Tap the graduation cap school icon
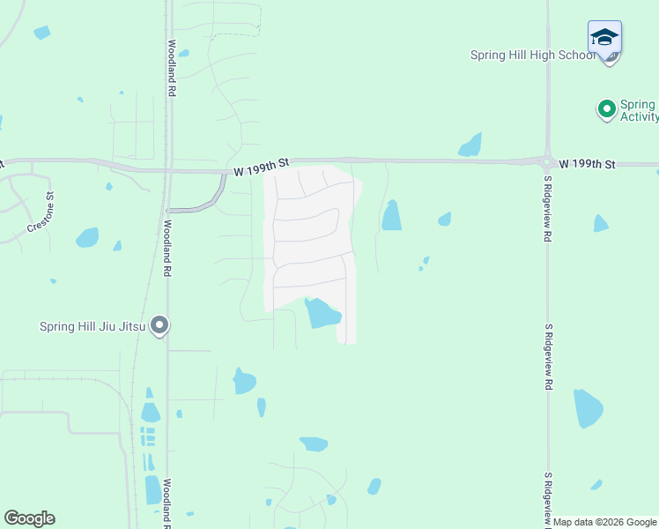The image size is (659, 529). pyautogui.click(x=604, y=38)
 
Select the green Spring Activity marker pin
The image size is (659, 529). pyautogui.click(x=606, y=109)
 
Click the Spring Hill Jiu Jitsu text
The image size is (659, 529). pyautogui.click(x=92, y=326)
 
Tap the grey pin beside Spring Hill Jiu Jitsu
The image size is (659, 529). pyautogui.click(x=159, y=326)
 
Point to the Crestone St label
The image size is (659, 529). pyautogui.click(x=41, y=212)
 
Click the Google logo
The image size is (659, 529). pyautogui.click(x=29, y=518)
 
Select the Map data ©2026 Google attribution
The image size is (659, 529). pyautogui.click(x=605, y=522)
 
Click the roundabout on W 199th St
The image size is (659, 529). pyautogui.click(x=547, y=161)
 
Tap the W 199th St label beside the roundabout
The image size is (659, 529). pyautogui.click(x=588, y=165)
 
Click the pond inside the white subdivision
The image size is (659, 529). pyautogui.click(x=322, y=313)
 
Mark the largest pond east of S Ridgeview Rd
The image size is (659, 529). pyautogui.click(x=588, y=408)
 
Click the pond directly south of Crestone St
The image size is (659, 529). pyautogui.click(x=87, y=237)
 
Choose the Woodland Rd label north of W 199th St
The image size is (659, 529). pyautogui.click(x=172, y=66)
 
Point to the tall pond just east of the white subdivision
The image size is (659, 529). pyautogui.click(x=391, y=216)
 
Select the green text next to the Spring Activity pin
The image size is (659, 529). pyautogui.click(x=639, y=110)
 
